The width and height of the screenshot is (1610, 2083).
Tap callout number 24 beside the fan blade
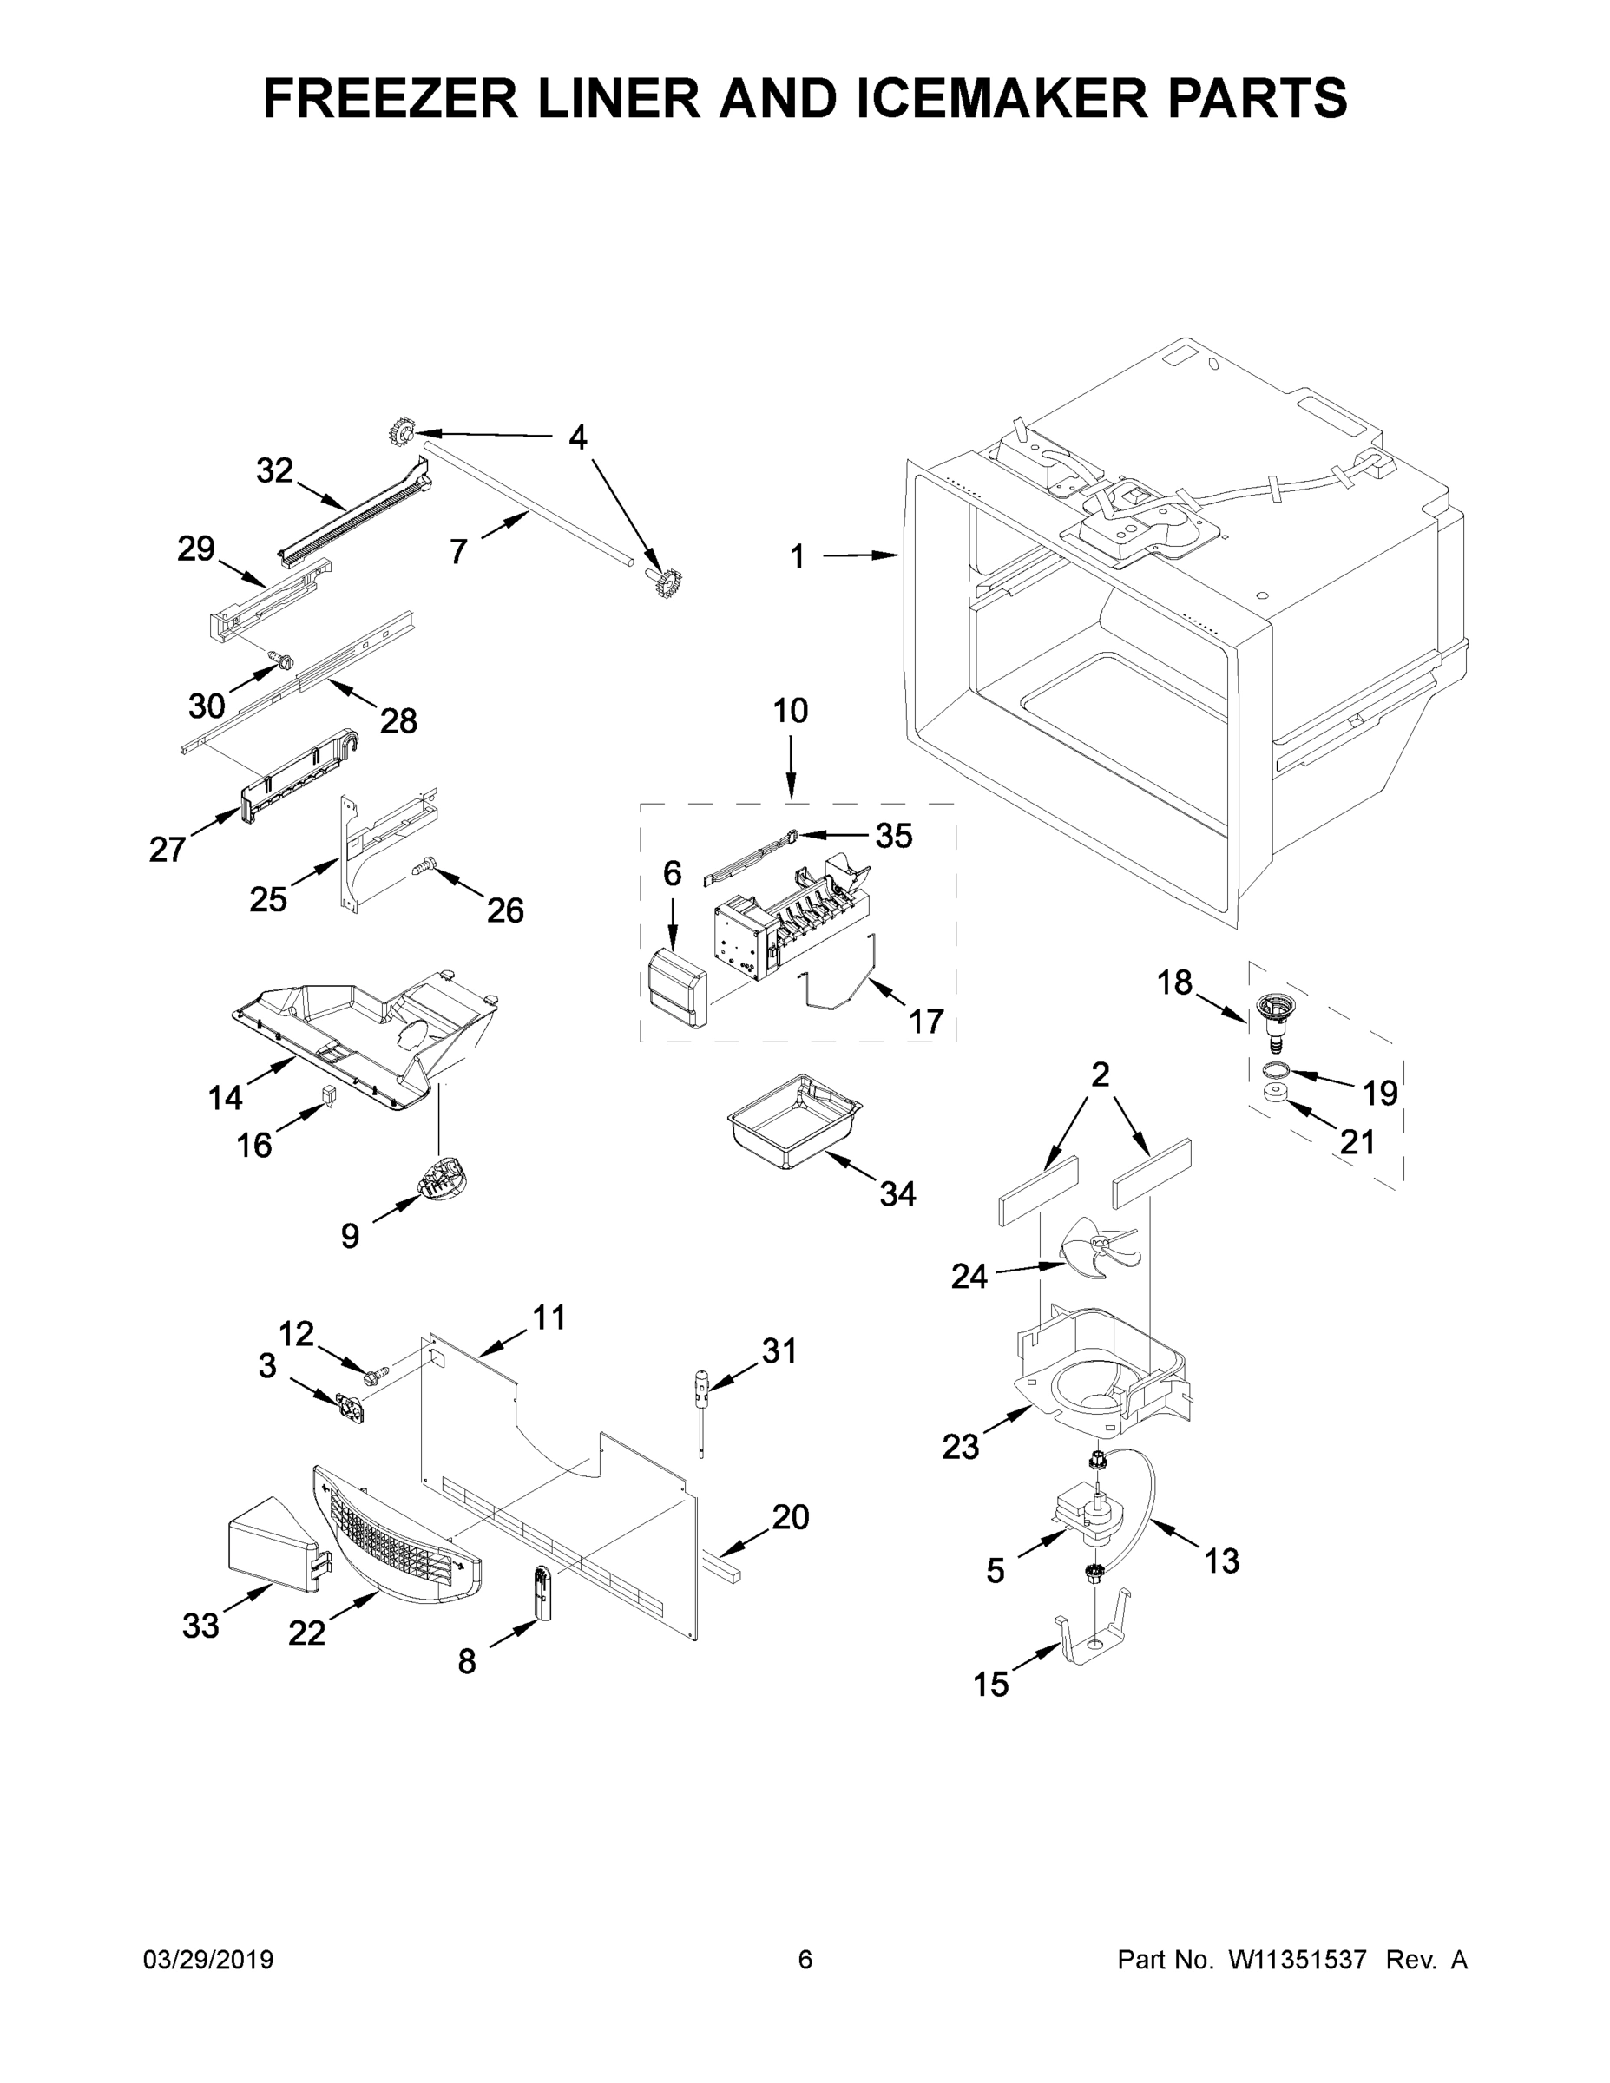tap(969, 1276)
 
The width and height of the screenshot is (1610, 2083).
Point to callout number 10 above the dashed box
tap(791, 711)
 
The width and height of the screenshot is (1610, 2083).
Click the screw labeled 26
tap(423, 867)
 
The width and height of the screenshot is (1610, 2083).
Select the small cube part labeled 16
tap(328, 1094)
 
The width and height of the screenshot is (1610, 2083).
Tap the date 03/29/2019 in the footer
tap(208, 1960)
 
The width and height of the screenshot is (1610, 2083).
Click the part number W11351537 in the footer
tap(1298, 1960)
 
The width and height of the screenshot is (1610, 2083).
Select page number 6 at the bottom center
tap(805, 1960)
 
